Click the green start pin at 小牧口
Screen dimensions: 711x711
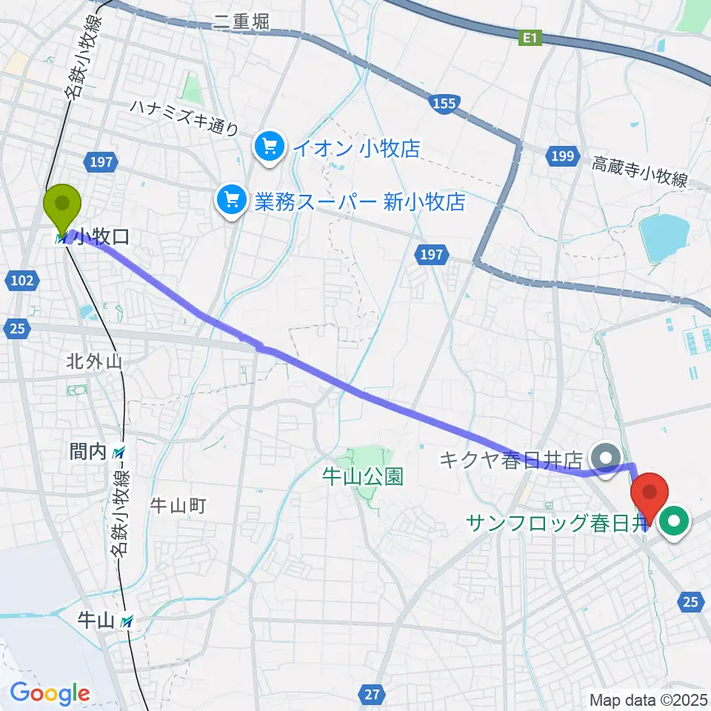(61, 204)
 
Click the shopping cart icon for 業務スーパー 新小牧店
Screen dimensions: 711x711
(231, 199)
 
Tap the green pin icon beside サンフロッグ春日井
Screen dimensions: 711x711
(675, 523)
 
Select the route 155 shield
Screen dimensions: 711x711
(444, 104)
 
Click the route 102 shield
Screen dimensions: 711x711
(22, 280)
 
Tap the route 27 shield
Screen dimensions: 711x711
(373, 693)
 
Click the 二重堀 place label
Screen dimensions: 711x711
(241, 22)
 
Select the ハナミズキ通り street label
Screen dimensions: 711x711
(184, 117)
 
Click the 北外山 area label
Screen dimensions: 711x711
(93, 362)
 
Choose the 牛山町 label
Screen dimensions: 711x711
(178, 506)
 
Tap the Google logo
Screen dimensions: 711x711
(50, 693)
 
